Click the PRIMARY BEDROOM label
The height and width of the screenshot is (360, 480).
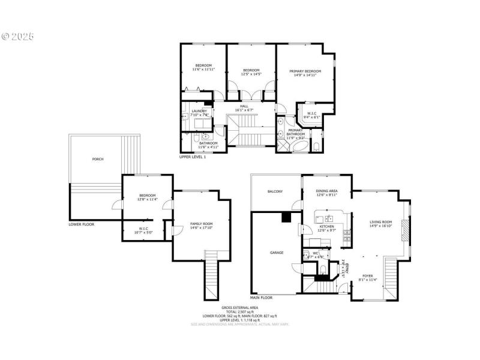tap(305, 71)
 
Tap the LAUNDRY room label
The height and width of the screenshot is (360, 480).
tap(199, 110)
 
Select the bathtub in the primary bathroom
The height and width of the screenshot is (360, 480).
tap(299, 146)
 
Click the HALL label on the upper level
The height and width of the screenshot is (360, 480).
tap(244, 106)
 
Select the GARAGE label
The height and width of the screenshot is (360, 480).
tap(276, 253)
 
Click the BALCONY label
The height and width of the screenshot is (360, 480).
tap(275, 191)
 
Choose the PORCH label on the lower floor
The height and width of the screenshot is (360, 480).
tap(97, 159)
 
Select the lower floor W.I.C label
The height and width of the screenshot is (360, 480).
tap(143, 228)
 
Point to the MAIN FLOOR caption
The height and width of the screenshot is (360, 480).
tap(261, 297)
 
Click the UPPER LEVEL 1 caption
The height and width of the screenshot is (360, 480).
tap(193, 157)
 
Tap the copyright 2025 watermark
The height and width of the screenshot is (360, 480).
tap(18, 37)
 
